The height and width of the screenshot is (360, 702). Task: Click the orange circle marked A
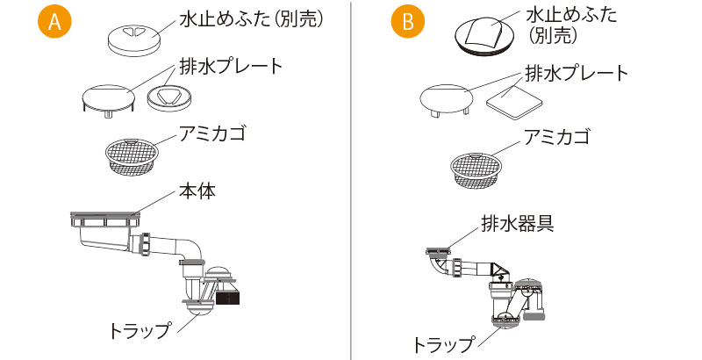click(54, 24)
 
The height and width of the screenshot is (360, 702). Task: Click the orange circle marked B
click(407, 24)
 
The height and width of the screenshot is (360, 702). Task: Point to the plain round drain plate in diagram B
click(447, 100)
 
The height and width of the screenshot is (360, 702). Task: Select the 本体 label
click(197, 190)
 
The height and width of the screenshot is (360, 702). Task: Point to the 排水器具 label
click(517, 222)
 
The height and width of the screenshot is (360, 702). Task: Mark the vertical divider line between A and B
click(351, 180)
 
